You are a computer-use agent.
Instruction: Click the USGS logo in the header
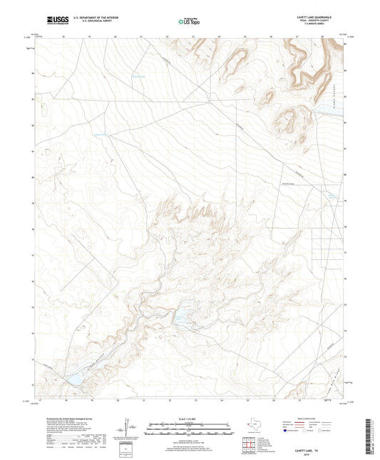click(53, 21)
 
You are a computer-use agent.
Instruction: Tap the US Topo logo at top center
click(190, 21)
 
